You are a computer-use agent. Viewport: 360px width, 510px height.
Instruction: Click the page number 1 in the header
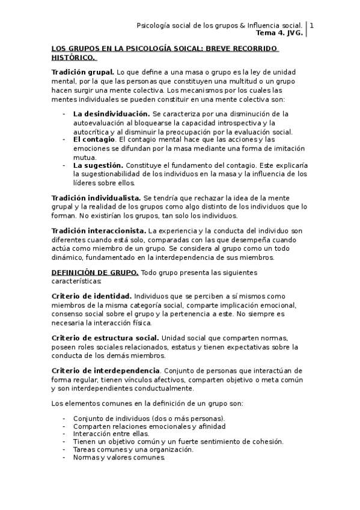311,26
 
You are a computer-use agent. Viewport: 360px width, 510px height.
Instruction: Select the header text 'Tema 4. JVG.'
282,34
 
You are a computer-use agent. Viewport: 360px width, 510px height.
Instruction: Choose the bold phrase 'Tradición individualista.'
97,198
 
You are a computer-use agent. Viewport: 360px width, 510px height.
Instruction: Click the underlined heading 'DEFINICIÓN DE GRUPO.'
95,272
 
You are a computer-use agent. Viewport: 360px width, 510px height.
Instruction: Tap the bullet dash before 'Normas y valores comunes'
64,457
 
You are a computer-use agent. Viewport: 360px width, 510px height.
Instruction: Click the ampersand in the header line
242,26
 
